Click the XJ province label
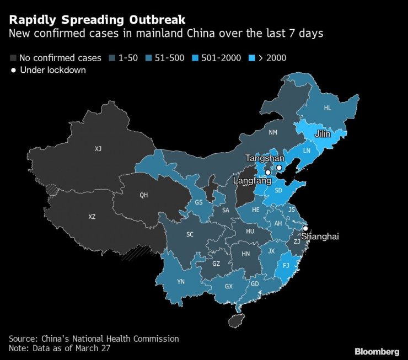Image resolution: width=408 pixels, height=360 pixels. pos(98,148)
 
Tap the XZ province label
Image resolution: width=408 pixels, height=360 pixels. pos(92,217)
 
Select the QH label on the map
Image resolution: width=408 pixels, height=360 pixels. pos(144,195)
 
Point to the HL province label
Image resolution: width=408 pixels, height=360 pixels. pos(328,108)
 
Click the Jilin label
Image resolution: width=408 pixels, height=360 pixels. pos(323,134)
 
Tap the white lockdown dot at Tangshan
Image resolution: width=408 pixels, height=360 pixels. pos(279,168)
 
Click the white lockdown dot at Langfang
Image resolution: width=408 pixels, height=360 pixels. pos(267,173)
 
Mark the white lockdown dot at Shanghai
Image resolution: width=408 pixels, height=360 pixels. pos(305,228)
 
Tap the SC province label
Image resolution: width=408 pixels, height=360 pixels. pos(190,234)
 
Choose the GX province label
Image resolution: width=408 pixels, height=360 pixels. pos(228,286)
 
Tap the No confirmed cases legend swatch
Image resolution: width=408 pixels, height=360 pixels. pos(13,57)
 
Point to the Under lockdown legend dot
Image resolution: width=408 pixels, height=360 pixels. pos(13,70)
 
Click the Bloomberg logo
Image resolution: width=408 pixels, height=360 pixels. pos(377,351)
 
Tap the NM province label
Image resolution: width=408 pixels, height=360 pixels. pos(273,132)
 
